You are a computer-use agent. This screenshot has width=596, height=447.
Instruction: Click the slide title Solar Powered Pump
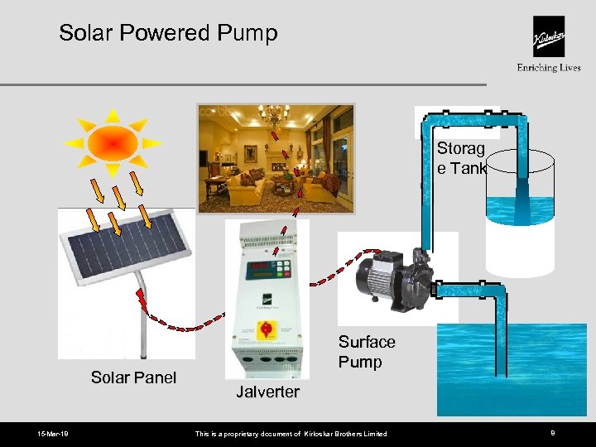point(168,33)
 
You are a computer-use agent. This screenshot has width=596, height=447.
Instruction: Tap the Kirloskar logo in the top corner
point(548,37)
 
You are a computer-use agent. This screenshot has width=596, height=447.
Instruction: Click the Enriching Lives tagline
point(548,68)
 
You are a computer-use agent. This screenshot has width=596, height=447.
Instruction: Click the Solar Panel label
point(133,378)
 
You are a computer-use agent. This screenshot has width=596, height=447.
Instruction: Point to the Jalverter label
point(267,392)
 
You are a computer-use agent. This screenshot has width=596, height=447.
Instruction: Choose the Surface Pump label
point(367,352)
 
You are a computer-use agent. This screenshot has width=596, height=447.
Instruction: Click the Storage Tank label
point(461,158)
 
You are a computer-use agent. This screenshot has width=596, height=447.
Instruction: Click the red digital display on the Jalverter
point(259,267)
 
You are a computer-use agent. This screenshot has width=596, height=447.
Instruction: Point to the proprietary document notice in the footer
point(290,434)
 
